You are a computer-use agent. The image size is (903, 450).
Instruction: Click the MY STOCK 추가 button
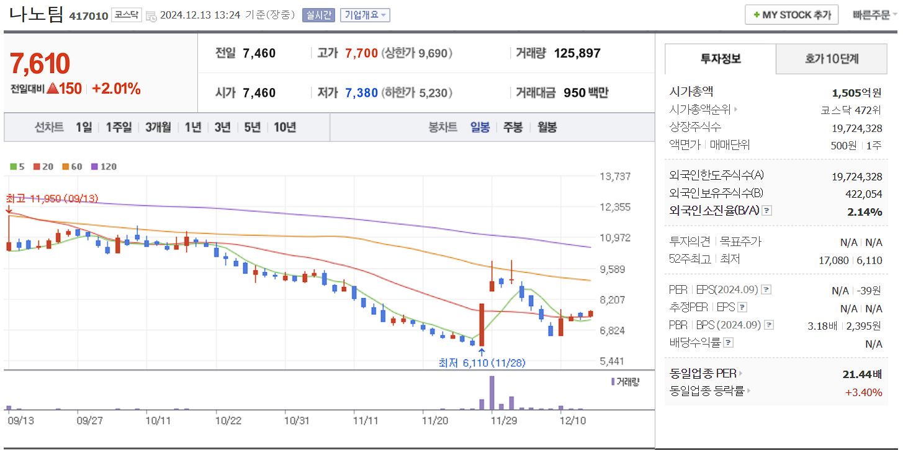pos(791,15)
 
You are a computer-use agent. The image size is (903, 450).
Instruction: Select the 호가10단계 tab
pos(832,59)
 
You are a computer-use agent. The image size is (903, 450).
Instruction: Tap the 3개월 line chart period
pos(158,127)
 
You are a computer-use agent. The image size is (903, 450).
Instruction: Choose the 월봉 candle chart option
pos(547,127)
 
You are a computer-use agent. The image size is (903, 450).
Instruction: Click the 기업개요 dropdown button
pos(365,15)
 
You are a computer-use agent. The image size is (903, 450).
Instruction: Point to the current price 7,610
pos(40,64)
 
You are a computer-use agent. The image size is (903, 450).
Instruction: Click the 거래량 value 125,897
pos(577,53)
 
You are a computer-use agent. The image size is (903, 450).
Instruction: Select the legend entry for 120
pos(104,166)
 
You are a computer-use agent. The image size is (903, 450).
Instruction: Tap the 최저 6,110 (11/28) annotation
pos(481,363)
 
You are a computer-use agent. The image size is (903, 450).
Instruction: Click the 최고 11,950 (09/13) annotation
pos(52,198)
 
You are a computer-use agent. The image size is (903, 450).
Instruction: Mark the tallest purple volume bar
pos(492,392)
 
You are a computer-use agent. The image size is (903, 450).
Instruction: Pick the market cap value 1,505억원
pos(856,93)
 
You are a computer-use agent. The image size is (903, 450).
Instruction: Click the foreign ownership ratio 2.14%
pos(865,211)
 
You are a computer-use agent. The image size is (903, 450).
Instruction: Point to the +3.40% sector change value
pos(863,392)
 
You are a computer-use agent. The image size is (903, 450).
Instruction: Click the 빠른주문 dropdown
pos(874,15)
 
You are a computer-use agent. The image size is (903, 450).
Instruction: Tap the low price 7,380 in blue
pos(361,93)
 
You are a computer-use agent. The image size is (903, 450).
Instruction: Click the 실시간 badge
pos(318,15)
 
